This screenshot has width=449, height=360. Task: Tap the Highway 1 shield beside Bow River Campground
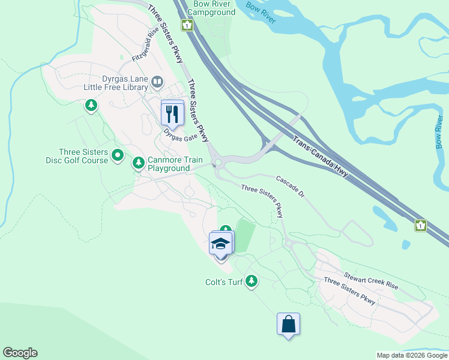click(x=188, y=25)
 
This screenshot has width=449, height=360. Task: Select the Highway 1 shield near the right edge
click(x=421, y=226)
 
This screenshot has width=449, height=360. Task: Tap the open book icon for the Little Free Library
click(x=157, y=81)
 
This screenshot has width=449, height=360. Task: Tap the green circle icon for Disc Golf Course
click(x=118, y=156)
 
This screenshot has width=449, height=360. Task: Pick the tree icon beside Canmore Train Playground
click(x=139, y=163)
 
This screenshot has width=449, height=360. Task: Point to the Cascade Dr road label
click(x=291, y=187)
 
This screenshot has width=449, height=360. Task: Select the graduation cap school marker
click(x=220, y=244)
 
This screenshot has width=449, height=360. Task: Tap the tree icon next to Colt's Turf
click(x=252, y=281)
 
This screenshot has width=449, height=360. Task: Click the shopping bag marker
click(x=288, y=324)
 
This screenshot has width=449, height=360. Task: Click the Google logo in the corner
click(x=20, y=353)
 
